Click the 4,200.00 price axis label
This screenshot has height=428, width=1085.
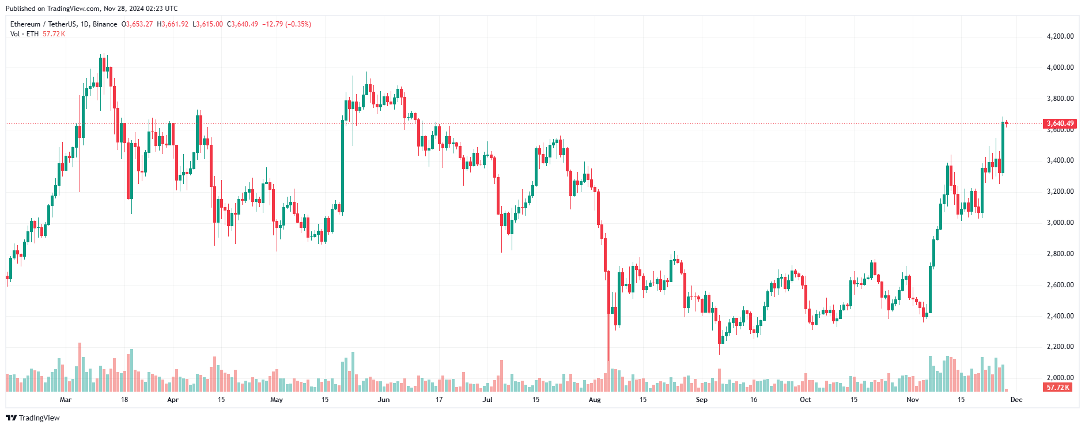click(1060, 36)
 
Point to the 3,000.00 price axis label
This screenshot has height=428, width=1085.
click(1060, 223)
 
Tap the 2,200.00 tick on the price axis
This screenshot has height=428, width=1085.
click(1060, 347)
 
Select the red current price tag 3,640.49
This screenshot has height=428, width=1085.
click(1060, 123)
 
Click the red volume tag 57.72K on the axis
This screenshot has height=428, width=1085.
click(1058, 388)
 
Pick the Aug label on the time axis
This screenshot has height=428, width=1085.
click(595, 400)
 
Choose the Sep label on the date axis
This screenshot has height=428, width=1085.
click(701, 400)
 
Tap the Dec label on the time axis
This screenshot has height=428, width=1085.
click(1016, 400)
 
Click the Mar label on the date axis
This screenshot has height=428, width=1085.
click(66, 400)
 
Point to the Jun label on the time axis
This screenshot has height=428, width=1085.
click(384, 400)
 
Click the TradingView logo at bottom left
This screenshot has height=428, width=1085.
click(33, 418)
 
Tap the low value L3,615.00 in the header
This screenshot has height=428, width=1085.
click(207, 24)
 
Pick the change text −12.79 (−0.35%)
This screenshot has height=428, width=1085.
click(286, 24)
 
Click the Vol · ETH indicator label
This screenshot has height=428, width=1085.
click(24, 34)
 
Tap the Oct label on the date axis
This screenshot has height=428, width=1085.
click(806, 400)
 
